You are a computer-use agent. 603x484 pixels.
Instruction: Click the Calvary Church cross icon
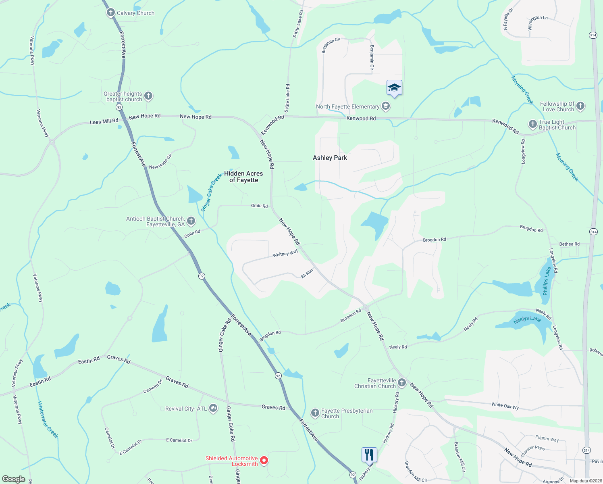110,13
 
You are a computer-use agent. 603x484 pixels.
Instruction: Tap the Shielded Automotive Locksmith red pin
264,460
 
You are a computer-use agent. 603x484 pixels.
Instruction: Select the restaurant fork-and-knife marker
369,455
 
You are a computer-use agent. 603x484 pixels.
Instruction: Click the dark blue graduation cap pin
394,88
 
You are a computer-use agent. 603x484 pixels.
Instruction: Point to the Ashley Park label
330,158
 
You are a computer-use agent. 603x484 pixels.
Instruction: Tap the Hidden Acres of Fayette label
243,177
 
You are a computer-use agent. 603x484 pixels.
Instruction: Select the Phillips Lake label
546,281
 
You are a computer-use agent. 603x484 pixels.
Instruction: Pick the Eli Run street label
307,273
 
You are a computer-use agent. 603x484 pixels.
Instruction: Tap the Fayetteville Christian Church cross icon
402,382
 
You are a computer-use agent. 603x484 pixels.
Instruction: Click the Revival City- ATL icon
213,409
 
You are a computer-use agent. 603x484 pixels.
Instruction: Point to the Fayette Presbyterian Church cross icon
315,413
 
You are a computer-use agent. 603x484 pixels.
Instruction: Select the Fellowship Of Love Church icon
580,106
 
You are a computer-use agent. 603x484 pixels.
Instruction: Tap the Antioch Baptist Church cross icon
191,221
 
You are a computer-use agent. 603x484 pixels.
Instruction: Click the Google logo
13,479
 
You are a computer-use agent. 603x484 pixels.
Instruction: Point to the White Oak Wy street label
505,406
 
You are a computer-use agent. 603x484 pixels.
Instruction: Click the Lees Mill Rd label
104,121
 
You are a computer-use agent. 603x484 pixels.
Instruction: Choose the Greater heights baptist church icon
148,96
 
